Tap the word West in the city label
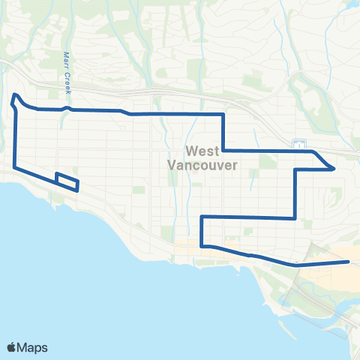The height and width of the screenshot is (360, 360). click(x=200, y=151)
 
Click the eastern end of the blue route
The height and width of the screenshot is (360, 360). click(x=349, y=262)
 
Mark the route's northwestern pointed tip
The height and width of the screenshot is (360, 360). click(x=14, y=94)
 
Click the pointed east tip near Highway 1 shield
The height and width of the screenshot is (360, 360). click(x=334, y=169)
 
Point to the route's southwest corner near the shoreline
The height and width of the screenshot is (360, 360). click(x=15, y=166)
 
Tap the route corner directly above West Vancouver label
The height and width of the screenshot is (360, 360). click(x=223, y=115)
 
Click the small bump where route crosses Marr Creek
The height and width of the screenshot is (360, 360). click(x=67, y=108)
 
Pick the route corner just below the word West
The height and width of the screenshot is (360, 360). click(x=223, y=149)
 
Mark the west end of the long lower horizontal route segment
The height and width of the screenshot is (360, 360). click(x=201, y=217)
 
